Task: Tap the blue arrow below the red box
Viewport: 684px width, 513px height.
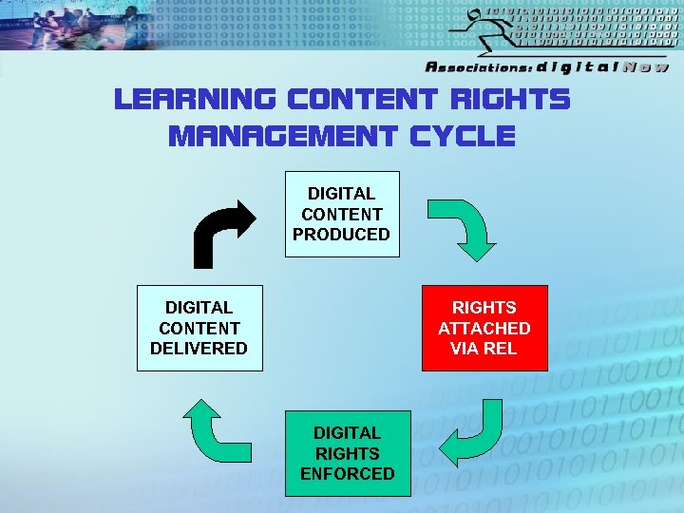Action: [479, 433]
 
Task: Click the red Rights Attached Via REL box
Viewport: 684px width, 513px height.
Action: [484, 328]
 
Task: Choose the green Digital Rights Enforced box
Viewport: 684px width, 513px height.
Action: [348, 453]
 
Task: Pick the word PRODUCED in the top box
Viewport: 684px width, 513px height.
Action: [341, 235]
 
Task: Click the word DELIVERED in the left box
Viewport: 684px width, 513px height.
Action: [199, 349]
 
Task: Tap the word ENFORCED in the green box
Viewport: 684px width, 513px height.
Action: [348, 474]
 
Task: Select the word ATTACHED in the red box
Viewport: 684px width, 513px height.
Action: [484, 329]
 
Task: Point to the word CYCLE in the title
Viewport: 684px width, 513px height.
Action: [463, 137]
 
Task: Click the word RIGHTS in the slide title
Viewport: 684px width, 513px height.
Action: [512, 100]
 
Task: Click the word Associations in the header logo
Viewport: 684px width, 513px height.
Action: [478, 67]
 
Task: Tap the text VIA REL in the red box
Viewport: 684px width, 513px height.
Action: [484, 349]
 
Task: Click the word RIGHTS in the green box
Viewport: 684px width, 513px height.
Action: [348, 454]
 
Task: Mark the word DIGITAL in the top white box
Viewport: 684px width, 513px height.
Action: [341, 194]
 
